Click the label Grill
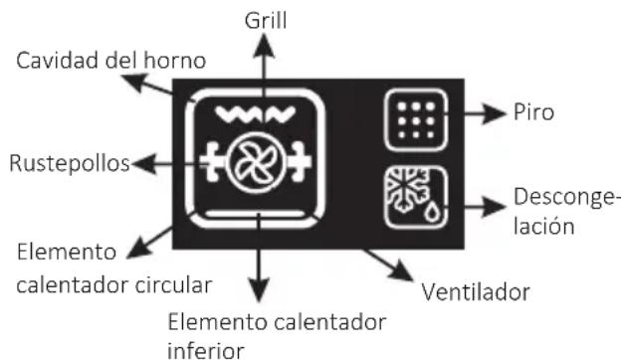click(264, 19)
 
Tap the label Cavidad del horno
click(110, 61)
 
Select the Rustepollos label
click(67, 163)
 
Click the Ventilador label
click(476, 293)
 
